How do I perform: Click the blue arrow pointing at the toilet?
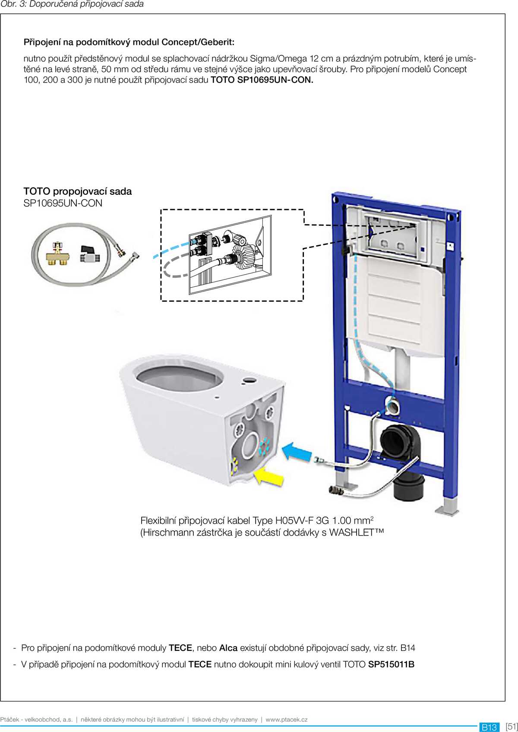pyautogui.click(x=297, y=452)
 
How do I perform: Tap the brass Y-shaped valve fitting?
pyautogui.click(x=58, y=254)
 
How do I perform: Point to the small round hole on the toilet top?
pyautogui.click(x=249, y=380)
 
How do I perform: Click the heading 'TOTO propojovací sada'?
pyautogui.click(x=77, y=191)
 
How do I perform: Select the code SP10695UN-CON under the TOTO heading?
pyautogui.click(x=63, y=203)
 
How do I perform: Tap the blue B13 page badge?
pyautogui.click(x=489, y=727)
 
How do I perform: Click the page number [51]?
pyautogui.click(x=512, y=726)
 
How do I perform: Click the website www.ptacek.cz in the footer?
pyautogui.click(x=287, y=719)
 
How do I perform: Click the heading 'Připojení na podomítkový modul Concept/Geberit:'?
pyautogui.click(x=129, y=42)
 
